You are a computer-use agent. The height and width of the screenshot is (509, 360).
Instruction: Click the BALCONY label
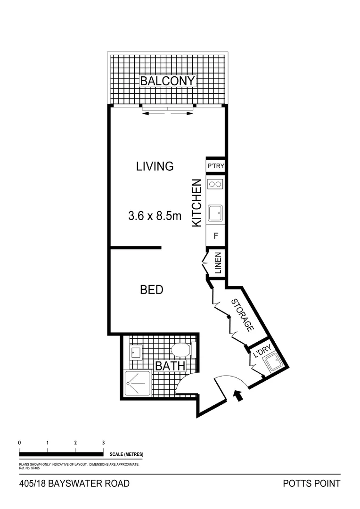167,81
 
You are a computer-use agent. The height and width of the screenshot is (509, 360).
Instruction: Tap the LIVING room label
155,166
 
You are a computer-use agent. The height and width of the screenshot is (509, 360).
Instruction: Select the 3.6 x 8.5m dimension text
155,216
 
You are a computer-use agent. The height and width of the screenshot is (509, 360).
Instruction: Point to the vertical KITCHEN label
197,203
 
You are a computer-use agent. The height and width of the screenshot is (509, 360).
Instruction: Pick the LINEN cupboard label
218,263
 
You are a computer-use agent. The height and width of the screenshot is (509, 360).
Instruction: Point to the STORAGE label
243,315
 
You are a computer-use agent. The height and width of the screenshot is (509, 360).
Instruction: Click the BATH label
170,366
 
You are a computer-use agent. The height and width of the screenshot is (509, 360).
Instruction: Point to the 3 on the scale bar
103,443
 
